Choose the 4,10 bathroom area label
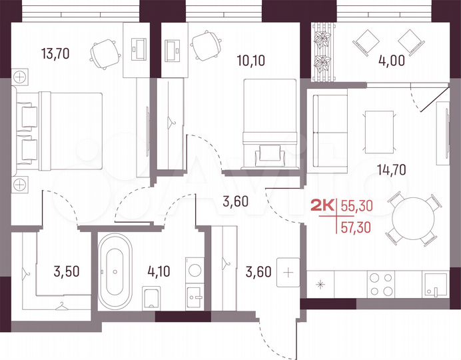click(x=159, y=271)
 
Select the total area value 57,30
click(x=356, y=227)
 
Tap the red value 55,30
click(x=356, y=207)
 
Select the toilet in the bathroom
click(x=151, y=298)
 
